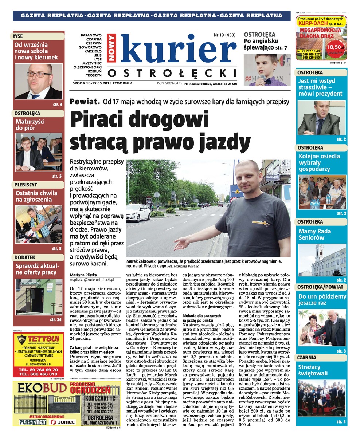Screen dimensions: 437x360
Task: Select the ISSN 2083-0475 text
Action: coord(169,83)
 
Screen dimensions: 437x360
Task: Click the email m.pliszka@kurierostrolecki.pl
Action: coord(92,279)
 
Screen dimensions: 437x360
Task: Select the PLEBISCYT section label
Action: coord(26,185)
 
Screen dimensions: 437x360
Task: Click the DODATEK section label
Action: coord(25,257)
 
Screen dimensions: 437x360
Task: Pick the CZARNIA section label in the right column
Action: coord(306,357)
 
